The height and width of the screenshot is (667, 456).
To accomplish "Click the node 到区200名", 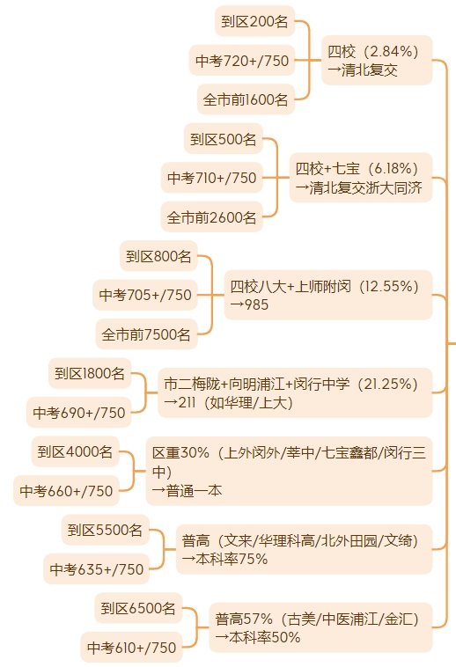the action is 254,21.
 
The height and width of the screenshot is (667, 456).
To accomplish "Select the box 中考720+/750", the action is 242,61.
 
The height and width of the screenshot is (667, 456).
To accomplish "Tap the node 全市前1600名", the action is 246,99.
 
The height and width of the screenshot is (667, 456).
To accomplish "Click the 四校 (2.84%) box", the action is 377,60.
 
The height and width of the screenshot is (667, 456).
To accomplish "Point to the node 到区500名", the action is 224,139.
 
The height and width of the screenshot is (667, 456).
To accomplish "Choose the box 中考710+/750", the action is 212,178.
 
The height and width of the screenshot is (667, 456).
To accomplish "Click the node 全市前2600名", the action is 212,217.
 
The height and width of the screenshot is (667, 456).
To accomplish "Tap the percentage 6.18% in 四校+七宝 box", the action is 393,168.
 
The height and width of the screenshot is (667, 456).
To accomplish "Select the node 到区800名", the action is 158,256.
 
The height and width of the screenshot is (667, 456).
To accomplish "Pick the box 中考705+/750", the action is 145,295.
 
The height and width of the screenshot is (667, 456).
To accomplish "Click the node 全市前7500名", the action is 146,334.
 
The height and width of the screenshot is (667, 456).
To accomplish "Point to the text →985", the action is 249,304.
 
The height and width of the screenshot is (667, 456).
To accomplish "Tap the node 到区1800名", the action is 90,373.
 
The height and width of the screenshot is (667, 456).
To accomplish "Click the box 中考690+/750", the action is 78,412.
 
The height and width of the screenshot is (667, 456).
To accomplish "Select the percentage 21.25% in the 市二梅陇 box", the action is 387,385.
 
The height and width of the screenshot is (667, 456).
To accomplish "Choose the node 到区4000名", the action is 76,451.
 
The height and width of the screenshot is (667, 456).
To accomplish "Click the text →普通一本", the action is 188,490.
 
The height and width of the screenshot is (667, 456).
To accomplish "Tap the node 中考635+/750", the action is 97,568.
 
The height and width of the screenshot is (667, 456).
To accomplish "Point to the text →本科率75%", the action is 224,559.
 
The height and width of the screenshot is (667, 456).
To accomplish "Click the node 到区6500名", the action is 138,608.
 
